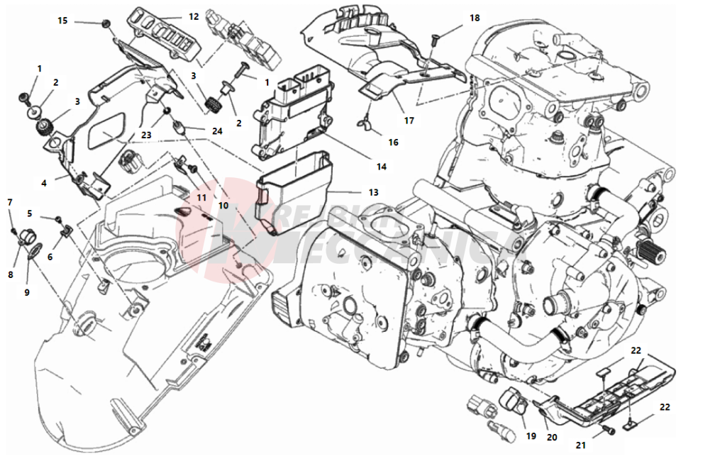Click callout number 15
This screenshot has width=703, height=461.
[62, 21]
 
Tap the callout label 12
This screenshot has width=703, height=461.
[194, 16]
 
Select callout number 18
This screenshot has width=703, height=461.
[475, 17]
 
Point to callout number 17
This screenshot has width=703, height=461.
[409, 120]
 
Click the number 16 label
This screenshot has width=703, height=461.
[393, 142]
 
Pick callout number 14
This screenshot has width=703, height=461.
[382, 167]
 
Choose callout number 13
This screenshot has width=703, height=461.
[373, 192]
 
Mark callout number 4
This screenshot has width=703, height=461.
[44, 182]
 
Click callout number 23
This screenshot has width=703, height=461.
[145, 134]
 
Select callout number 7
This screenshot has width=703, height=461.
[10, 202]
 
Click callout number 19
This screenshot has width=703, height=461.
[531, 436]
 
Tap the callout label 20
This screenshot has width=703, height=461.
[552, 438]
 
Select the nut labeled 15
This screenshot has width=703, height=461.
[106, 25]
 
